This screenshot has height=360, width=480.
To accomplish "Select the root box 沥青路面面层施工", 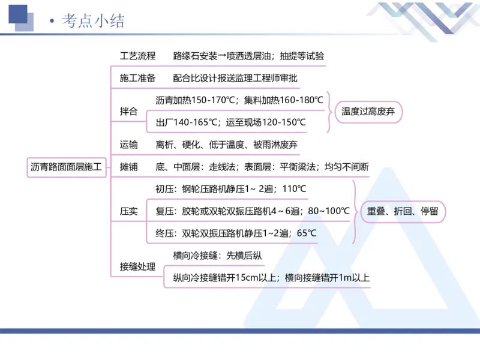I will pyautogui.click(x=67, y=167).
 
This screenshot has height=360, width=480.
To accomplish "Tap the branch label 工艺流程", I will pyautogui.click(x=137, y=56).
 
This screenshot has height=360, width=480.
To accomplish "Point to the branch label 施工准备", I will pyautogui.click(x=137, y=78).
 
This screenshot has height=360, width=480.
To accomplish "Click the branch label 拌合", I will pyautogui.click(x=129, y=111).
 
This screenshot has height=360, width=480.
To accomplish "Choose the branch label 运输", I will pyautogui.click(x=129, y=145).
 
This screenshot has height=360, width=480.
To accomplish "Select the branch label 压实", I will pyautogui.click(x=129, y=211).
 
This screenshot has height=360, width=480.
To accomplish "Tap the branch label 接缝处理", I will pyautogui.click(x=137, y=267).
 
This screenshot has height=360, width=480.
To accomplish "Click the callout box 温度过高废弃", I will pyautogui.click(x=368, y=111).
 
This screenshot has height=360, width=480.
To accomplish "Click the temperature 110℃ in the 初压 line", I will pyautogui.click(x=294, y=189).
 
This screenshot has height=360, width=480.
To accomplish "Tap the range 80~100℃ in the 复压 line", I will pyautogui.click(x=329, y=211).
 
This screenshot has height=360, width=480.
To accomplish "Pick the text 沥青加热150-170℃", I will pyautogui.click(x=196, y=100).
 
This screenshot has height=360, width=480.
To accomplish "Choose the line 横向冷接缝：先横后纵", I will pyautogui.click(x=217, y=256).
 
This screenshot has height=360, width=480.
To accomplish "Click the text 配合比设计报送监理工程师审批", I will pyautogui.click(x=235, y=78).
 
